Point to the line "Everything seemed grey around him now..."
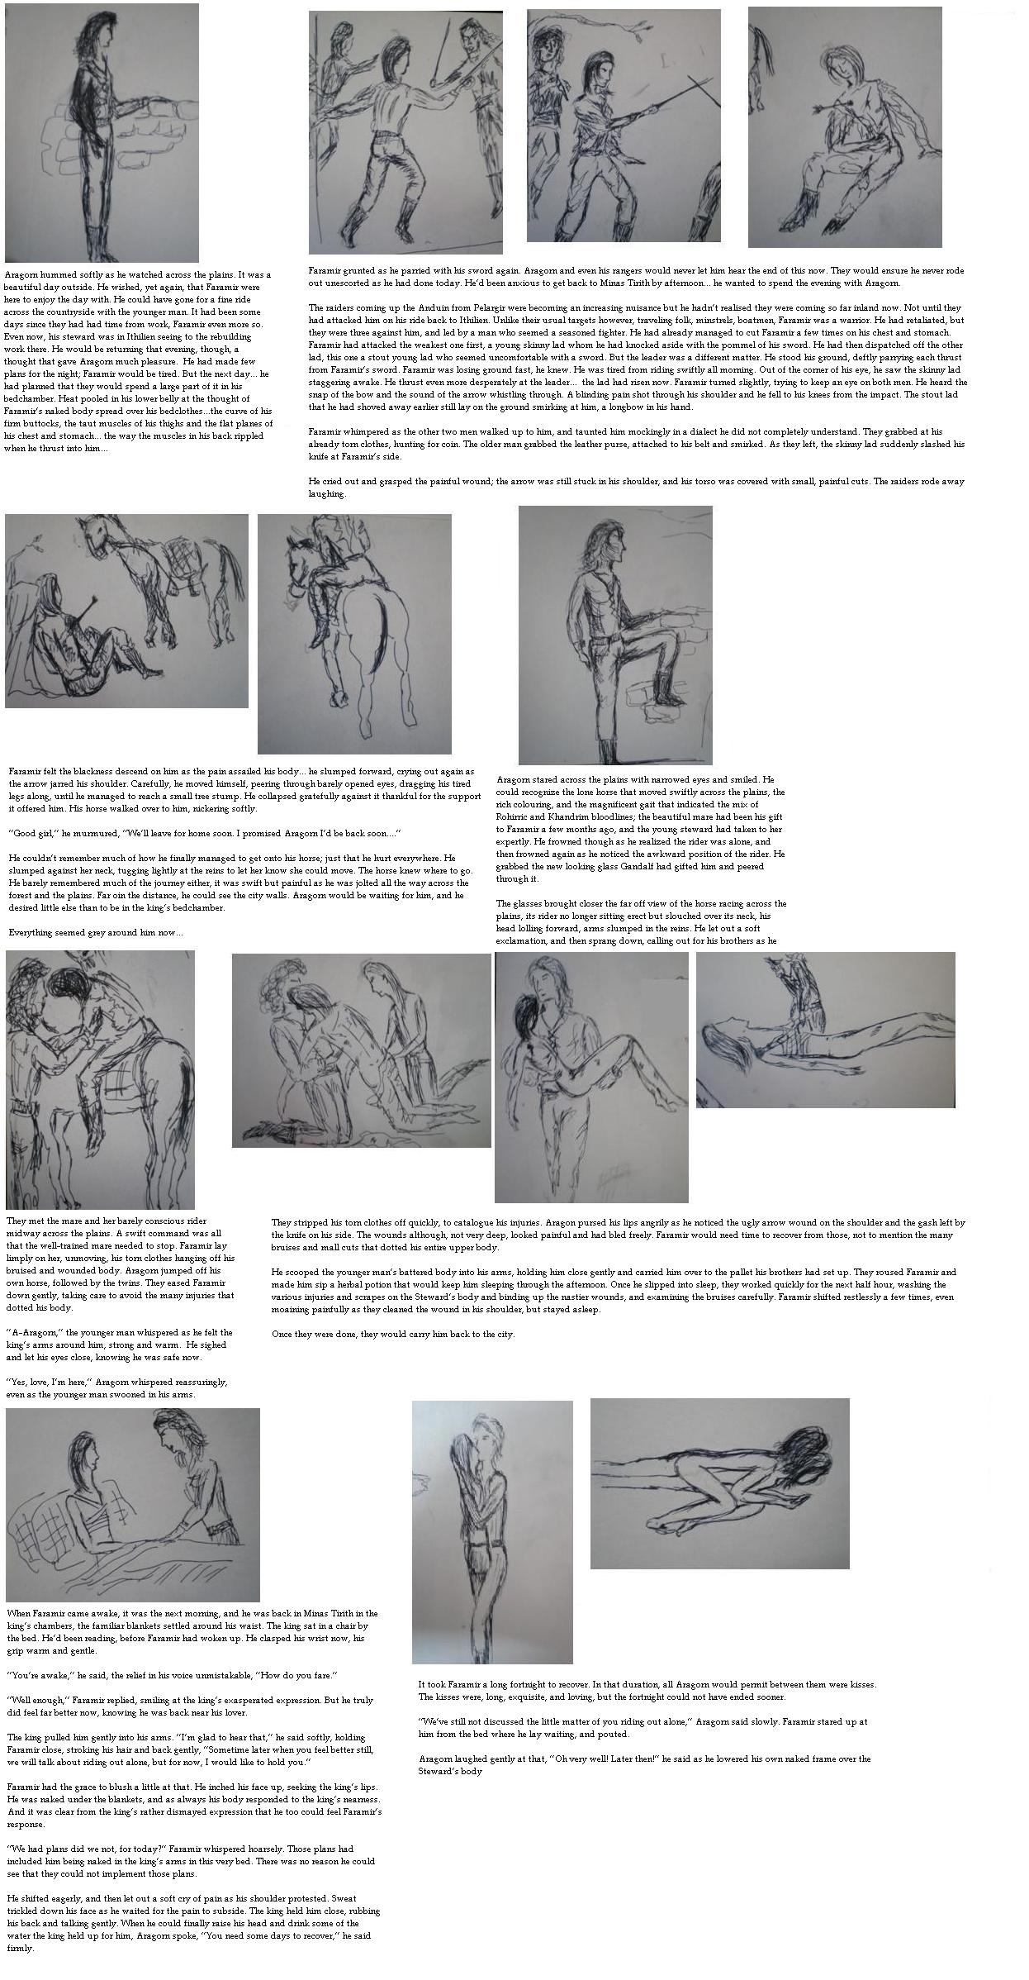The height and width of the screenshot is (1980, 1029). (x=96, y=932)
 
